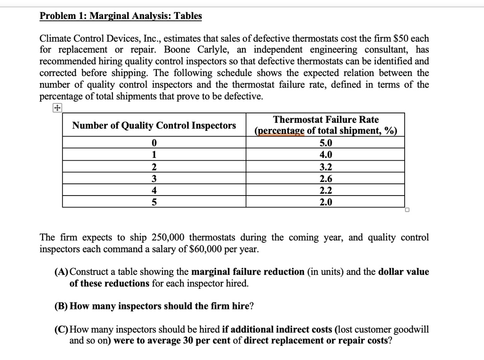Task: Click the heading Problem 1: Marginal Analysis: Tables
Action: pyautogui.click(x=121, y=16)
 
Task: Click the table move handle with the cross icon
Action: pyautogui.click(x=57, y=108)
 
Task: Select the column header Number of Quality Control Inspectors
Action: pyautogui.click(x=154, y=125)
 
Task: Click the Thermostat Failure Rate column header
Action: pyautogui.click(x=326, y=125)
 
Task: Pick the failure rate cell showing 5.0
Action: pyautogui.click(x=326, y=143)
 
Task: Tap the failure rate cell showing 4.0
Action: pyautogui.click(x=326, y=154)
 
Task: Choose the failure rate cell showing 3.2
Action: pyautogui.click(x=326, y=167)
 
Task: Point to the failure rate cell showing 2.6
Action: pyautogui.click(x=326, y=179)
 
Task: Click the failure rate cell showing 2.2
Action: pyautogui.click(x=326, y=190)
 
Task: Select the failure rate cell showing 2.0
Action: pyautogui.click(x=326, y=202)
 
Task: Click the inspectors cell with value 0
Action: pyautogui.click(x=154, y=143)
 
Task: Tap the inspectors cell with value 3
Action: pyautogui.click(x=154, y=179)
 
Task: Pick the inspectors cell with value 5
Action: pyautogui.click(x=154, y=202)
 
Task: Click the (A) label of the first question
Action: pyautogui.click(x=61, y=272)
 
